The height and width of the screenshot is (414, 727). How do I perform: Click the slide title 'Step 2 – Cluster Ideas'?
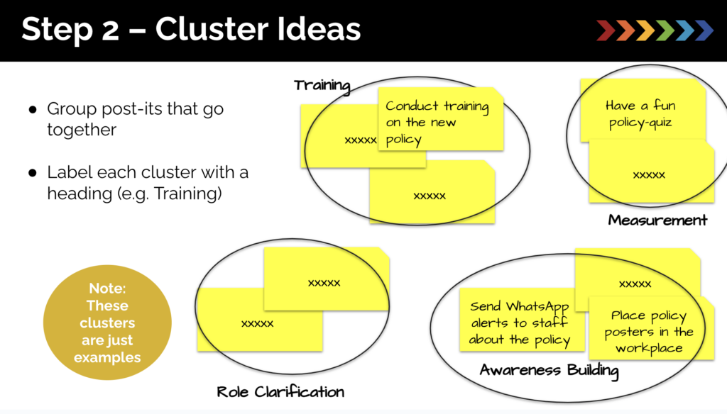(190, 30)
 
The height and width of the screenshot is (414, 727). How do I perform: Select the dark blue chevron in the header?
(703, 30)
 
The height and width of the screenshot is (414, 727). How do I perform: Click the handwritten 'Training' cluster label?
(322, 86)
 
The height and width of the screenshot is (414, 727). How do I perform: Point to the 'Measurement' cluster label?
(657, 220)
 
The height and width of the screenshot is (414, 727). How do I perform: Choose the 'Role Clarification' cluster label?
(280, 391)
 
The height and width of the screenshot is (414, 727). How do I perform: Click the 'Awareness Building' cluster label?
(549, 370)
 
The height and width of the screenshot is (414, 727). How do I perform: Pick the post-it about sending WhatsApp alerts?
(521, 323)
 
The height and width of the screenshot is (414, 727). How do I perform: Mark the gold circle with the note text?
(107, 323)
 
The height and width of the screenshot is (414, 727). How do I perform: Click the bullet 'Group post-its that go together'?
(135, 119)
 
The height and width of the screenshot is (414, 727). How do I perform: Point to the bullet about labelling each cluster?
(148, 183)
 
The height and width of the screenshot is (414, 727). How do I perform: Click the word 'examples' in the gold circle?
(107, 357)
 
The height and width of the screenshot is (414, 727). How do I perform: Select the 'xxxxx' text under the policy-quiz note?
(649, 174)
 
